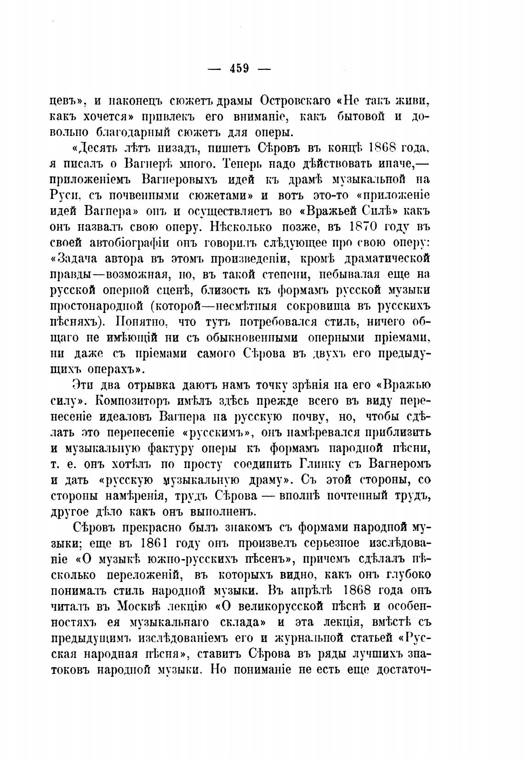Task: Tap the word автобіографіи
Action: pos(137,243)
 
